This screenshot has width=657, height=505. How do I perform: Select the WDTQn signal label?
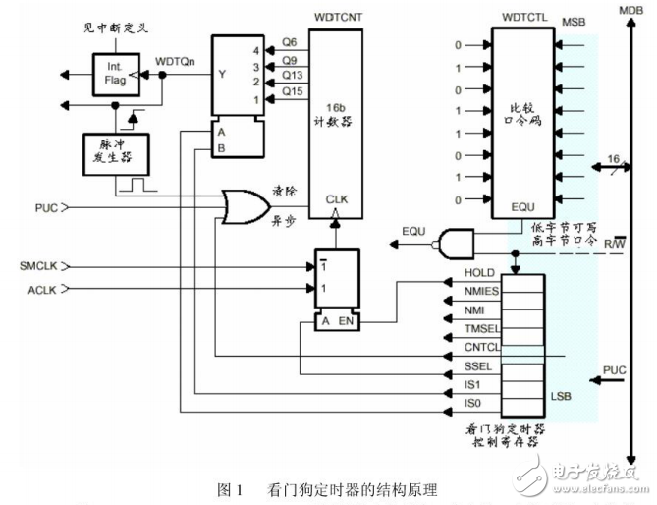pos(176,61)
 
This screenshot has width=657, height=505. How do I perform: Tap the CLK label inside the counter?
pos(337,199)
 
